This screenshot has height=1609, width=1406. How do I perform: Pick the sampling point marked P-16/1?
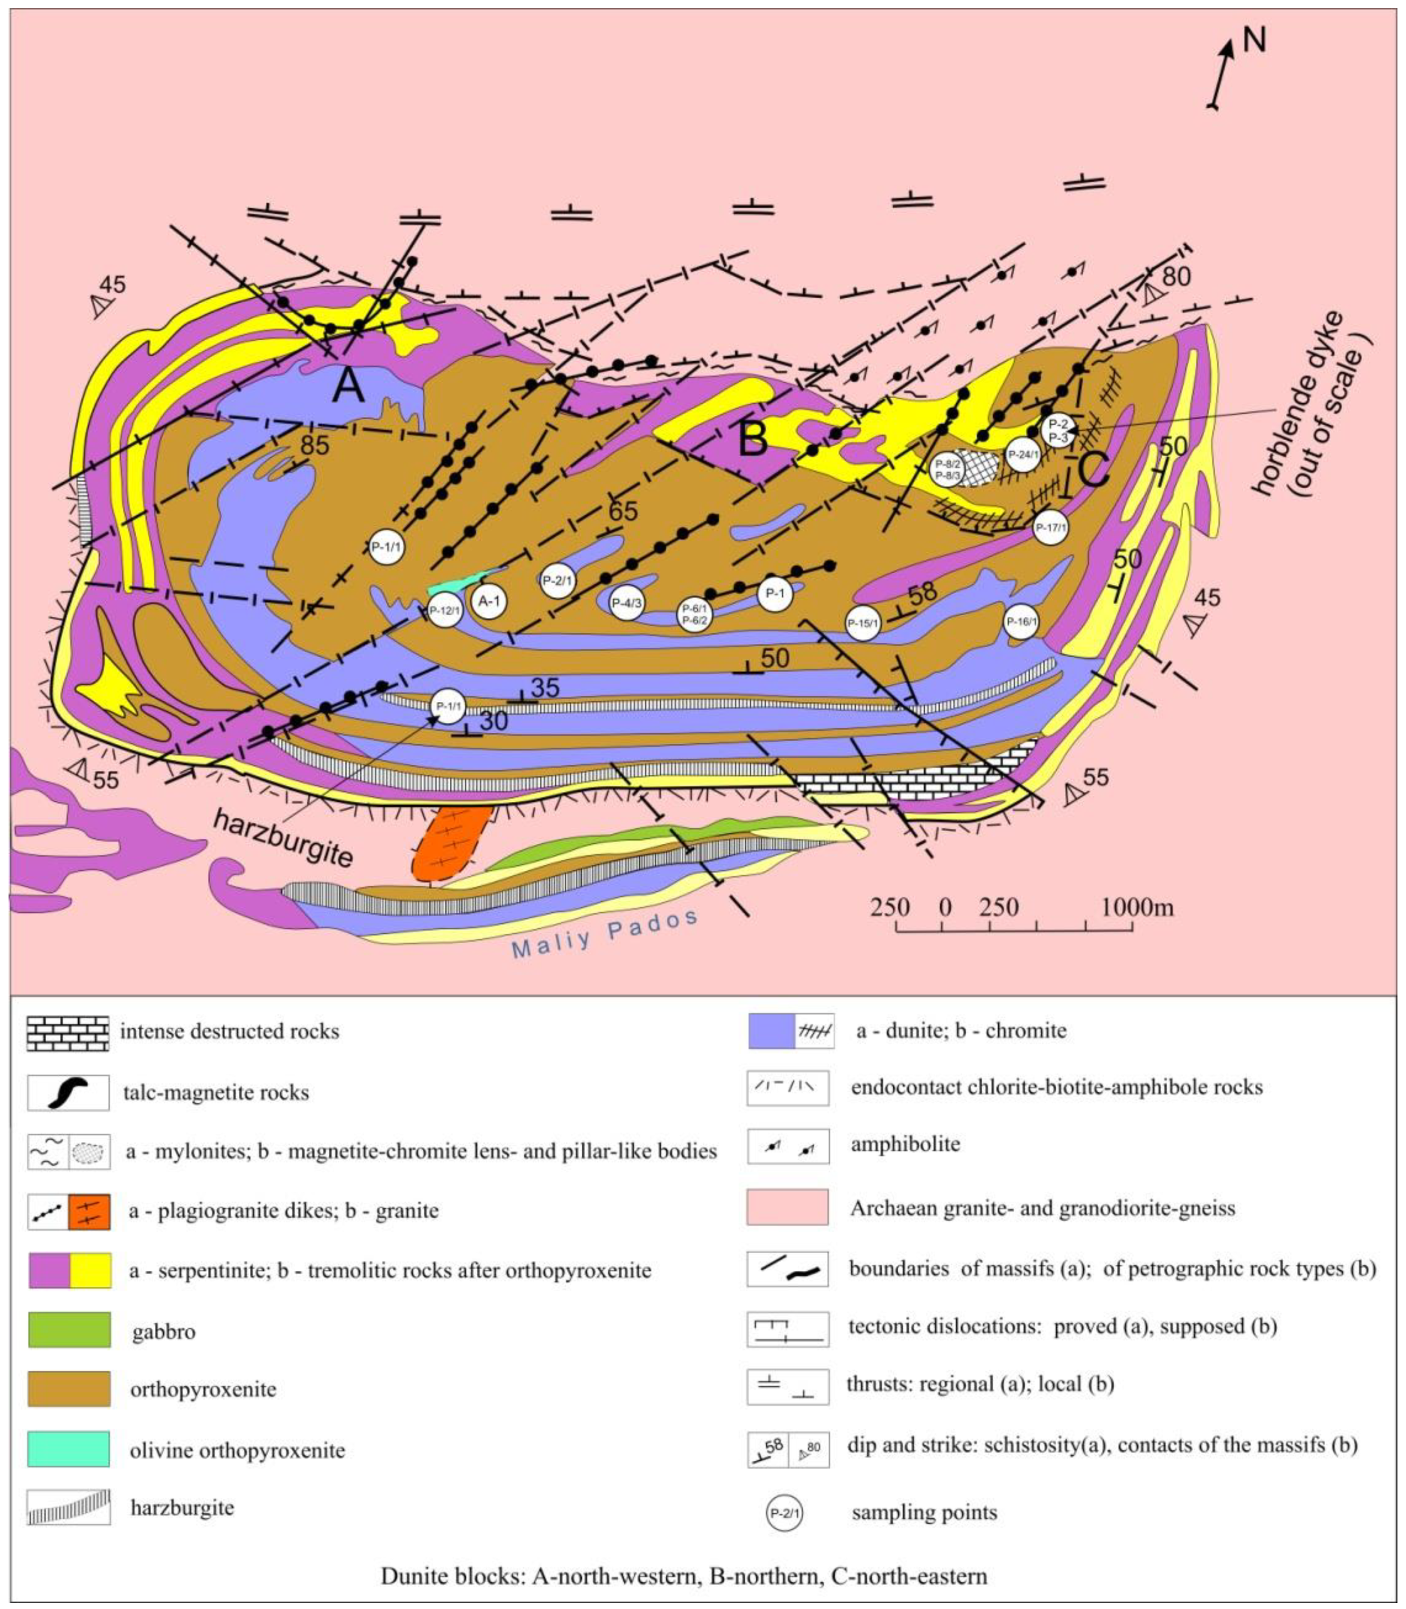pyautogui.click(x=1022, y=623)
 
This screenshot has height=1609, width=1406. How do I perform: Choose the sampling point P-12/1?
pyautogui.click(x=444, y=610)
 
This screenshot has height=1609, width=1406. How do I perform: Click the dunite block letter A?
pyautogui.click(x=348, y=386)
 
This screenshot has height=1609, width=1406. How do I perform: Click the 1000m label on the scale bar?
pyautogui.click(x=1137, y=908)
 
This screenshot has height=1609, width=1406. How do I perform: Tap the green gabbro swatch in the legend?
pyautogui.click(x=68, y=1330)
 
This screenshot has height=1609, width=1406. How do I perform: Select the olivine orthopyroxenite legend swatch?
pyautogui.click(x=68, y=1449)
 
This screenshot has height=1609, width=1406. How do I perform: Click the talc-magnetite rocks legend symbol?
pyautogui.click(x=68, y=1093)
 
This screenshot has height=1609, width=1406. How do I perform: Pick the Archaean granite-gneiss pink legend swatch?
pyautogui.click(x=787, y=1208)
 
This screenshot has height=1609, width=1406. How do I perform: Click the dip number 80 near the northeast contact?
pyautogui.click(x=1176, y=276)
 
